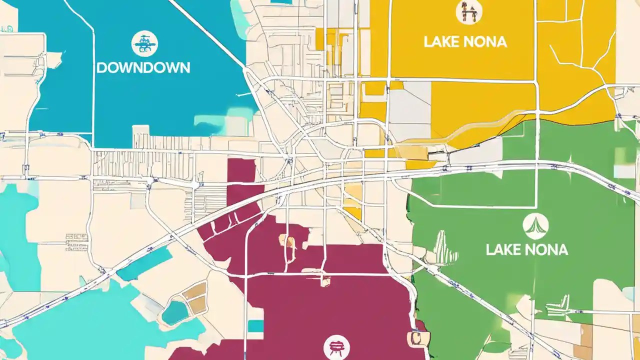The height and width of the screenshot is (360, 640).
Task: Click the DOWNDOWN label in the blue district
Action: (143, 67)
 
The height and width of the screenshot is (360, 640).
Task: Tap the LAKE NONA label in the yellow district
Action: (465, 42)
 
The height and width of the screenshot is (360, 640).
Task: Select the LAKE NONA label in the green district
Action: (526, 249)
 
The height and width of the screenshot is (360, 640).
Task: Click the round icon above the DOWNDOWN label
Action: (144, 43)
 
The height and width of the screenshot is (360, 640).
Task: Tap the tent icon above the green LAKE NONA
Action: (535, 226)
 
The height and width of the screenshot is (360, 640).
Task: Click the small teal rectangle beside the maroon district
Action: (255, 326)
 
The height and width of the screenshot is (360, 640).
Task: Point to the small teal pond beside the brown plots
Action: (175, 312)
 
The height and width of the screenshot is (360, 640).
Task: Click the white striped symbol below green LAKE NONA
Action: (558, 305)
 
